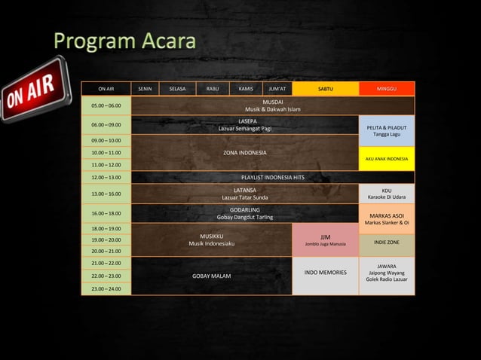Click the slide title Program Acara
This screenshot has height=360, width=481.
click(x=124, y=41)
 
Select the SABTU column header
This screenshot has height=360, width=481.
click(x=325, y=89)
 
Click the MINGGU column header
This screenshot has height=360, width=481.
click(x=386, y=89)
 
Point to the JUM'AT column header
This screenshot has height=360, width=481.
click(x=277, y=89)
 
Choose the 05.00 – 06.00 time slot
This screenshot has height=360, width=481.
click(x=106, y=106)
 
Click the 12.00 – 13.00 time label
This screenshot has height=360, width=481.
click(x=106, y=178)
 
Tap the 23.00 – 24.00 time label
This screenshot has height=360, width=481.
click(x=106, y=289)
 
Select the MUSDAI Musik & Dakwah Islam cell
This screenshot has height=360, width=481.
click(x=272, y=105)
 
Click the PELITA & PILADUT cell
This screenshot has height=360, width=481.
click(x=386, y=130)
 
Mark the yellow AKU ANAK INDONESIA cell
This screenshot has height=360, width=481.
click(x=386, y=159)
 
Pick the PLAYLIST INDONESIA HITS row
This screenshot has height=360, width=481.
click(x=272, y=178)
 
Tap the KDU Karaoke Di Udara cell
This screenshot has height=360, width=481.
click(x=386, y=194)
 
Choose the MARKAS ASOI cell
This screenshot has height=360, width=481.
click(x=386, y=218)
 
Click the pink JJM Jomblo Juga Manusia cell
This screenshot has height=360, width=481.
click(x=325, y=239)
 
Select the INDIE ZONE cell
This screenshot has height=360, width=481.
click(x=386, y=243)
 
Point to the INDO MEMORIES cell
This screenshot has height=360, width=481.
click(x=325, y=272)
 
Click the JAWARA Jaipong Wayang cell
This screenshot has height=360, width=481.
click(x=386, y=272)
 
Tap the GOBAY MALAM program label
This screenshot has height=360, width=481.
click(x=211, y=276)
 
